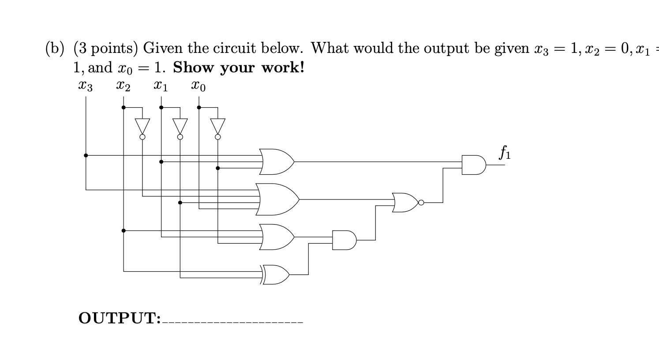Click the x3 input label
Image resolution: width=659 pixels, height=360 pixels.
click(x=85, y=86)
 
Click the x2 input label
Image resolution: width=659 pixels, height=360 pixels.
click(x=123, y=86)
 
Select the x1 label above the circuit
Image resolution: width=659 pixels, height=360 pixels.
click(x=161, y=86)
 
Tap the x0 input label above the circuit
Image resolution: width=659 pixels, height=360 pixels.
click(x=198, y=86)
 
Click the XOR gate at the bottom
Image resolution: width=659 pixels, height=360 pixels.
click(x=276, y=275)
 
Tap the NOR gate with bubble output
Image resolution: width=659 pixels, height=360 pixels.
click(x=405, y=202)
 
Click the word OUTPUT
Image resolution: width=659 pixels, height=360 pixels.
click(x=119, y=318)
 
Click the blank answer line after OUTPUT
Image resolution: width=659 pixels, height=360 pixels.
click(x=232, y=321)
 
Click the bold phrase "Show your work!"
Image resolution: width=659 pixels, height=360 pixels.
click(x=239, y=67)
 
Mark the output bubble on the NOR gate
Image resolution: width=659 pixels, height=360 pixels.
click(x=421, y=202)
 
